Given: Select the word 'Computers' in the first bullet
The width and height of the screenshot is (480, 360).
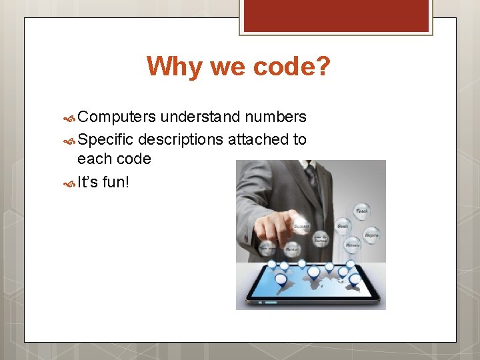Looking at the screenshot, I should [x=117, y=117].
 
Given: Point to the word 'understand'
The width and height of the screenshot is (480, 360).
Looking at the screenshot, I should [x=201, y=117].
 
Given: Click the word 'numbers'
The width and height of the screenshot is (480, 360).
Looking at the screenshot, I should [x=276, y=117].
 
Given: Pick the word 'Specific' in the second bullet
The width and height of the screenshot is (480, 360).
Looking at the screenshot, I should [x=105, y=139].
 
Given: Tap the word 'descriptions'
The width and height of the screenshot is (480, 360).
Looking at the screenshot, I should [x=181, y=139].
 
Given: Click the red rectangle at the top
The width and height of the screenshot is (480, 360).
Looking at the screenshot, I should [x=335, y=16].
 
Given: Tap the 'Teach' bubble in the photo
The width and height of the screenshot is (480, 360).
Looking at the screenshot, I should [x=361, y=211].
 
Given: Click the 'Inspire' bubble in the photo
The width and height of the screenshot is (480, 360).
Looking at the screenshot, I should [x=371, y=235].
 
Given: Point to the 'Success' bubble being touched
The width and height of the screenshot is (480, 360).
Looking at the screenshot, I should [x=301, y=225].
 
